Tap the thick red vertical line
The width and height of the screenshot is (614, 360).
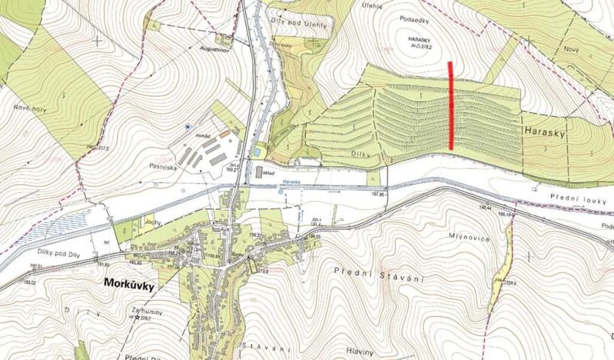[x=450, y=106]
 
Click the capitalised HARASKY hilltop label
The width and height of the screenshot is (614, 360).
[x=423, y=41]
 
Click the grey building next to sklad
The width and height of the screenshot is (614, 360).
[x=259, y=171]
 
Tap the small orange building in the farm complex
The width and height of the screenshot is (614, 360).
[x=224, y=134]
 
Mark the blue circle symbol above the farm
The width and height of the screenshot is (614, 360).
[x=187, y=126]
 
